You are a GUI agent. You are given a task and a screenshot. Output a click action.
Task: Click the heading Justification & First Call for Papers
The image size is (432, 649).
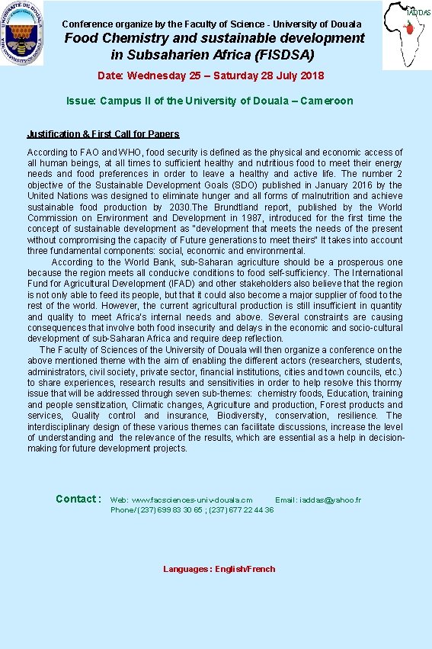[x=103, y=134]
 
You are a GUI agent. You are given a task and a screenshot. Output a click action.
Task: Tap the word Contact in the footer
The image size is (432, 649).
[x=77, y=499]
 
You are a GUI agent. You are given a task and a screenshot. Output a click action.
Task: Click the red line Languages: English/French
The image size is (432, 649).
[x=219, y=569]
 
